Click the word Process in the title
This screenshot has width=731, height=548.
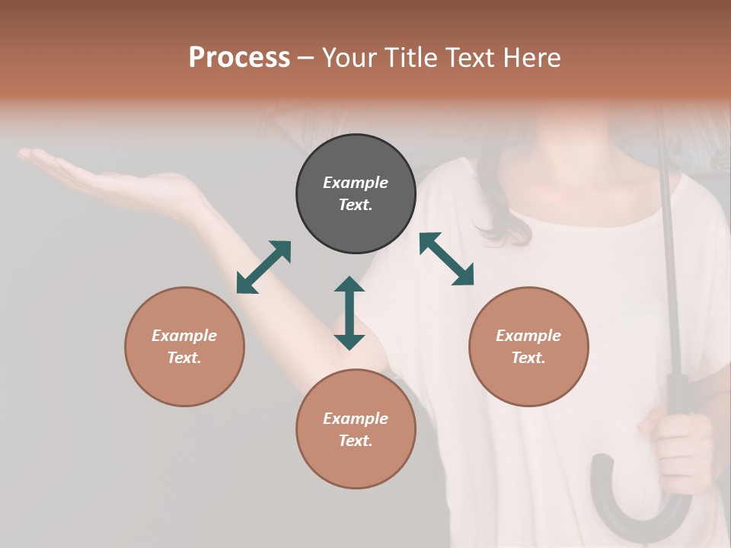tap(239, 58)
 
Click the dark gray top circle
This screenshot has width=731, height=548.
tap(356, 194)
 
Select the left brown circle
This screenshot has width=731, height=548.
tap(184, 346)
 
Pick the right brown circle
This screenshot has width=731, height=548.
tap(528, 346)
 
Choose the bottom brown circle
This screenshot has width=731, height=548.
tap(356, 429)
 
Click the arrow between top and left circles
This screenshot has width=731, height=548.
tap(263, 267)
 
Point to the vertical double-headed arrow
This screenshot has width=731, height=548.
tap(350, 313)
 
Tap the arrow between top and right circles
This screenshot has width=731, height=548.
tap(446, 259)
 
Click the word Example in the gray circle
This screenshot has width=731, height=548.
tap(356, 183)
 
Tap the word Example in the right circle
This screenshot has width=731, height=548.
tap(528, 336)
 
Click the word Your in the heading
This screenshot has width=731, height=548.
tap(351, 58)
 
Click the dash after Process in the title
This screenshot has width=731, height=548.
tap(305, 58)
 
